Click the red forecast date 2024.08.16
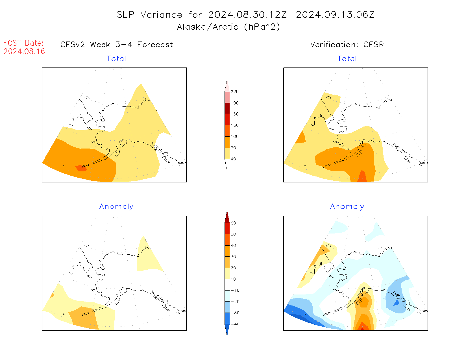tap(24, 51)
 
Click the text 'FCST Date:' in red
tap(23, 43)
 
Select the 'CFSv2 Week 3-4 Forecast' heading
tap(117, 45)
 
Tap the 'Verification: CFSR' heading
tap(347, 45)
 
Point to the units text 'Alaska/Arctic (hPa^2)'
tap(228, 27)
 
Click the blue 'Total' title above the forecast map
tap(116, 59)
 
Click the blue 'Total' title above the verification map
tap(347, 59)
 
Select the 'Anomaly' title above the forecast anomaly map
tap(116, 207)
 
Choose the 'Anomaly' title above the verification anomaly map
tap(347, 207)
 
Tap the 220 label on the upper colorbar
tap(234, 92)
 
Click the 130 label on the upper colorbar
tap(234, 125)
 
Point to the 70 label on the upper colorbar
tap(233, 148)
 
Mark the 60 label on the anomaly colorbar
tap(233, 223)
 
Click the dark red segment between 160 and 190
tap(227, 108)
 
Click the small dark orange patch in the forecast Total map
tap(81, 169)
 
